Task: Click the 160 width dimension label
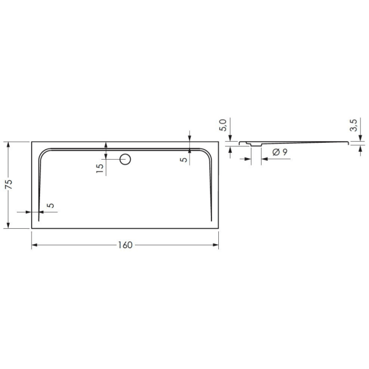pos(125,245)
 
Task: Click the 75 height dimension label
pos(8,184)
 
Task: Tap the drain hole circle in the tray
pos(125,159)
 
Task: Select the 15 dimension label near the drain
pos(100,169)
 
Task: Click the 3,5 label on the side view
pos(354,125)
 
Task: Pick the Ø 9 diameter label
pos(280,152)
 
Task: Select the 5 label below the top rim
pos(184,159)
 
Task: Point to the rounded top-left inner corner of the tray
pos(44,153)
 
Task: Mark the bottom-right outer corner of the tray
pos(219,229)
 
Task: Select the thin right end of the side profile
pos(346,141)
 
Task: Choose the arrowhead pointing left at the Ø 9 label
pos(263,159)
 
